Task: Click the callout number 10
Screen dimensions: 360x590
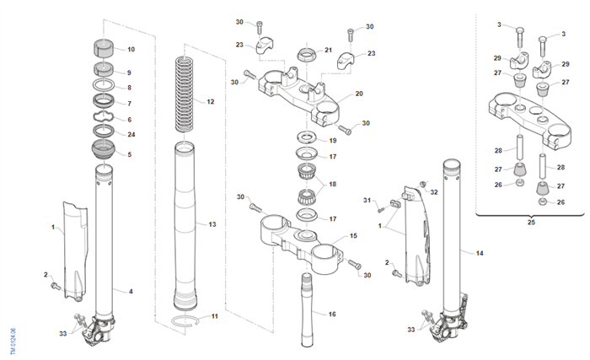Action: click(x=131, y=49)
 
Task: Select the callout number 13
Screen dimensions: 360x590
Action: click(x=212, y=225)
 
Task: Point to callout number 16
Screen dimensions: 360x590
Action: click(x=332, y=314)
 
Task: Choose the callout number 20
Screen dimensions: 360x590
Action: click(x=359, y=93)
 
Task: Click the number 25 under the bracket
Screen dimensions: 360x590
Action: click(x=530, y=223)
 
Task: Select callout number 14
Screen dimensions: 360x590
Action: click(x=480, y=253)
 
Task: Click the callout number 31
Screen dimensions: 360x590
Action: click(x=367, y=200)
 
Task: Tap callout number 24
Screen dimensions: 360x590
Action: click(x=130, y=134)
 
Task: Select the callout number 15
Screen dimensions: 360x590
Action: click(x=354, y=236)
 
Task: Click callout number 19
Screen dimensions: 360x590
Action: click(x=332, y=140)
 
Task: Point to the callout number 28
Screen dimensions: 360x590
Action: click(x=498, y=150)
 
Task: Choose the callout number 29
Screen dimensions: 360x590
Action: click(x=497, y=57)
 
